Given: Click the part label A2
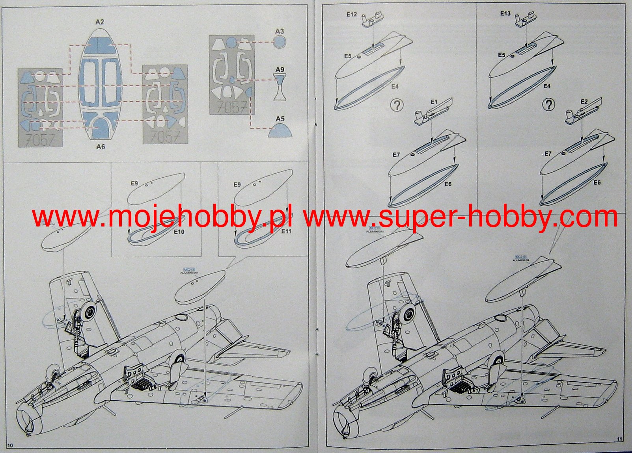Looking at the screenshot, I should coord(99,22).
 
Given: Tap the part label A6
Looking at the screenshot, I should coord(101,147).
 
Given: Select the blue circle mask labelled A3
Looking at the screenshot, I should coord(279,42).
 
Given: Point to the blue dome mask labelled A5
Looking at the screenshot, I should coord(280,130).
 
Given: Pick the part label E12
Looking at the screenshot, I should coord(351,15).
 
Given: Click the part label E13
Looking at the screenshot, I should coord(505,13).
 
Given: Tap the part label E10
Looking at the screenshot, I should coord(179,232).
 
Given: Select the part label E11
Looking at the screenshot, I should coord(286,231).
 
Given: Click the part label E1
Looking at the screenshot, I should coord(434,102).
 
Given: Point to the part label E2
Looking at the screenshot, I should coord(584,102).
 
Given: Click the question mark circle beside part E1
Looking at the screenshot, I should coord(397,105).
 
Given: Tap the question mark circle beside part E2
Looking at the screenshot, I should coord(548,104).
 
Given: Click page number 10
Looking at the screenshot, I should coord(10,445).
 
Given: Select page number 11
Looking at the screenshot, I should coord(620,439).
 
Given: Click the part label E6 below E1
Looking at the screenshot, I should coord(447,184).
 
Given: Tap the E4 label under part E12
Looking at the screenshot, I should coord(395,86).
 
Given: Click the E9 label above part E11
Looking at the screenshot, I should coord(237,185).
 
